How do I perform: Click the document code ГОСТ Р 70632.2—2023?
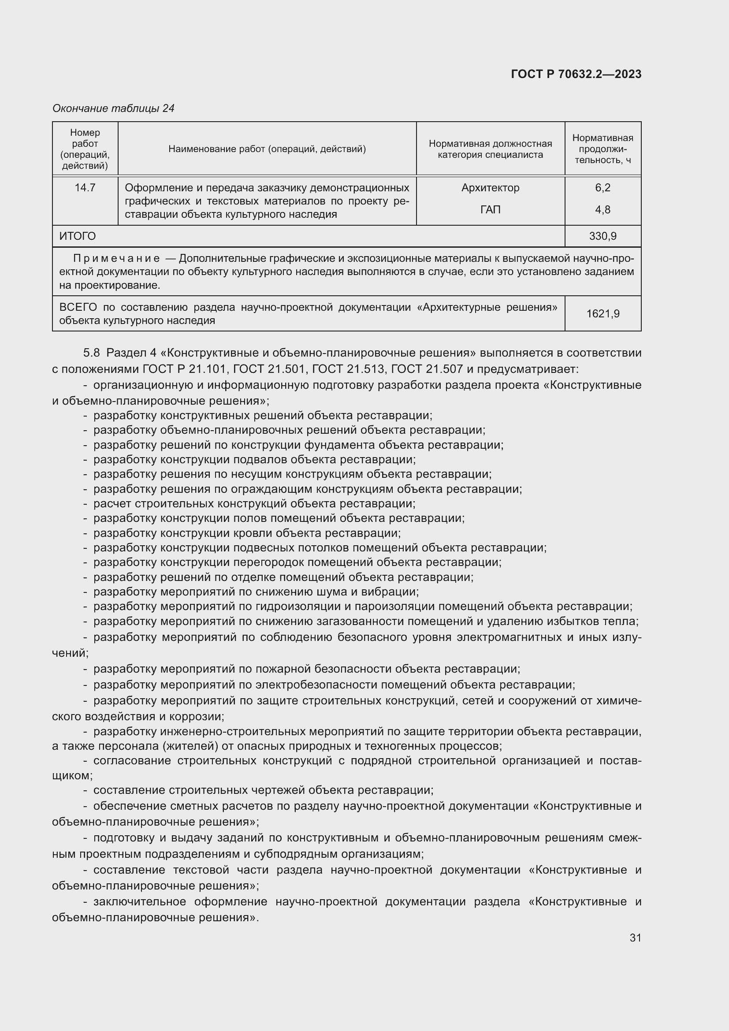point(576,74)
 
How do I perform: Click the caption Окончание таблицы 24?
point(113,108)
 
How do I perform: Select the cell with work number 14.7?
point(85,188)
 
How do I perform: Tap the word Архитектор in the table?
point(490,188)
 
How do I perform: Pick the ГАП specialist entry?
point(490,210)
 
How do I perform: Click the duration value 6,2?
point(603,188)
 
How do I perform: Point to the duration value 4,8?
point(603,210)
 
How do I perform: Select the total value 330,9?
point(603,236)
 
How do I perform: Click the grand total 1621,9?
point(603,313)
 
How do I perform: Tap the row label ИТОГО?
point(78,236)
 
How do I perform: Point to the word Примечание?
point(116,258)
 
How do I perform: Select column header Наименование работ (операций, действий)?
point(267,149)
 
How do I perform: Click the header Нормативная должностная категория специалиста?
point(490,149)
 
